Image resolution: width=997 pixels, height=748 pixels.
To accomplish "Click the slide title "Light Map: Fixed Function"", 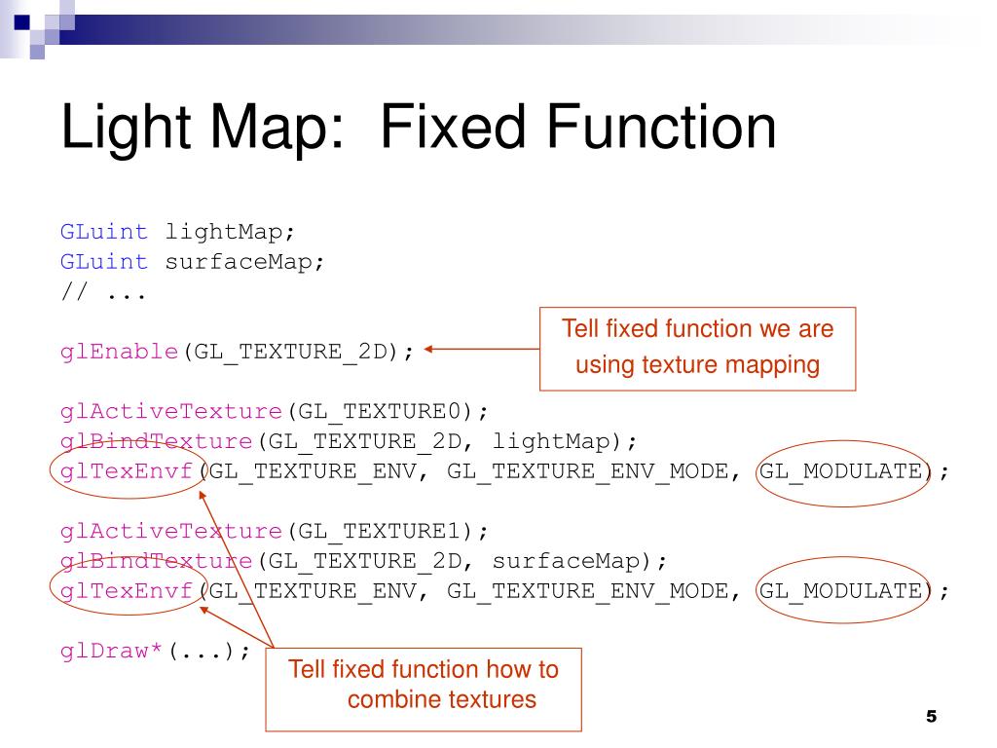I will [x=419, y=129].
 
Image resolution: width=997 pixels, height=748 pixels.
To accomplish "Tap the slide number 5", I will [x=930, y=717].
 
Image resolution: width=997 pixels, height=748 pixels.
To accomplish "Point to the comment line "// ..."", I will [x=103, y=291].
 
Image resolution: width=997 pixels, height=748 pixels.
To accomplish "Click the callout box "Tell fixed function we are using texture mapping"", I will [x=697, y=348].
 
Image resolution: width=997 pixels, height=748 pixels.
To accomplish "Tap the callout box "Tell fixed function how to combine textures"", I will [x=424, y=685].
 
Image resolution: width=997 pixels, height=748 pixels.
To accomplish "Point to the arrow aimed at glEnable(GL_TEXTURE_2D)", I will [x=482, y=351].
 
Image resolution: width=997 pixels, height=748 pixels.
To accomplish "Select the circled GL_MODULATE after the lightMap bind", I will [x=840, y=471].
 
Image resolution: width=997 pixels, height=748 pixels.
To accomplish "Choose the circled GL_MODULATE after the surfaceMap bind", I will [x=840, y=590].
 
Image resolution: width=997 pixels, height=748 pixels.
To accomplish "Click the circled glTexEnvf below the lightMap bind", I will [x=127, y=471].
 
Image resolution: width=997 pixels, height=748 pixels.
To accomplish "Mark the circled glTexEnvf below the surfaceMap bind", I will [x=127, y=590].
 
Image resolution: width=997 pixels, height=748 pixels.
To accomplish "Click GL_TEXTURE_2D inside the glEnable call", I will [x=289, y=352].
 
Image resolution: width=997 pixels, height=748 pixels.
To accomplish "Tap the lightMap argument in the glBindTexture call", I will [x=553, y=441].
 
